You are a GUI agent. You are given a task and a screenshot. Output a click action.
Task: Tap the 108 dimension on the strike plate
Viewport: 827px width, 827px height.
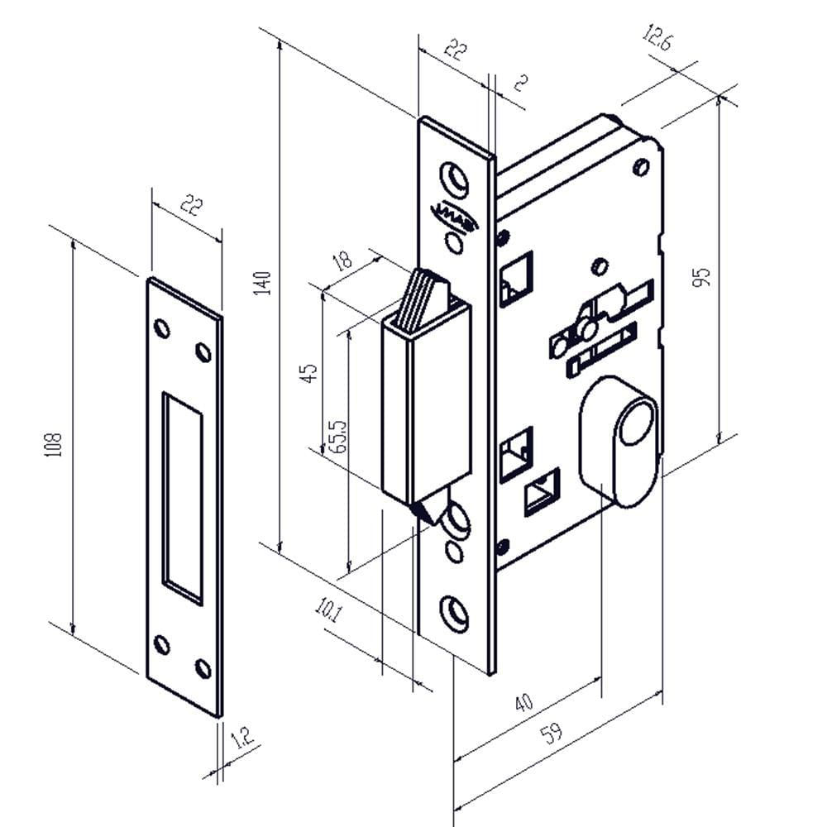click(56, 447)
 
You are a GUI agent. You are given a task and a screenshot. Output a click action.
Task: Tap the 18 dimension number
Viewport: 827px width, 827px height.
click(341, 261)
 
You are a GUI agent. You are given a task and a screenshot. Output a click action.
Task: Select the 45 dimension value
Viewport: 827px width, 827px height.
click(309, 372)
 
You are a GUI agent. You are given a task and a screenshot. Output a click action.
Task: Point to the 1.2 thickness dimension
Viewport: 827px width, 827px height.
click(242, 738)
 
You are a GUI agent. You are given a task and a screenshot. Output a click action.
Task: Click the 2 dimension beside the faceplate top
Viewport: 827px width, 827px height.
click(521, 82)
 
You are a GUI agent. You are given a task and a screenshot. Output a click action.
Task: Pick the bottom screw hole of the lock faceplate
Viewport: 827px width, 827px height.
click(454, 611)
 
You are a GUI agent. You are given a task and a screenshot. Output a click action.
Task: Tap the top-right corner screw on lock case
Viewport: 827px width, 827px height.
click(641, 168)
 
